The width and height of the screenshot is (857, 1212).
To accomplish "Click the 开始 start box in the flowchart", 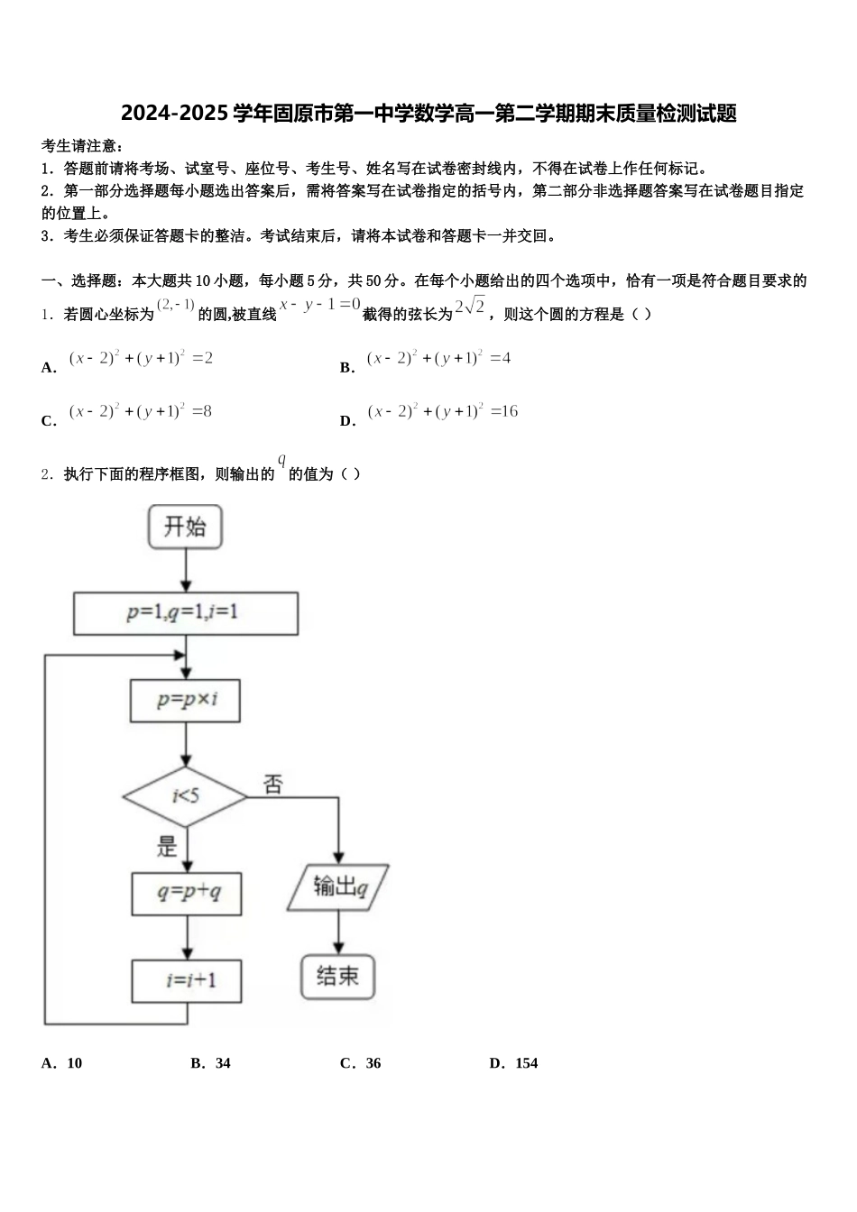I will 185,527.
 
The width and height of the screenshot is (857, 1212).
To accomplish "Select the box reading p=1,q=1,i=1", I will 185,613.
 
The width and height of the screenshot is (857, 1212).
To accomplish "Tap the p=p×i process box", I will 185,700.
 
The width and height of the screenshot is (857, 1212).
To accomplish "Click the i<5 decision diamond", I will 185,796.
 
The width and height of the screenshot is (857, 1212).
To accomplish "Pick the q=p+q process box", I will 187,893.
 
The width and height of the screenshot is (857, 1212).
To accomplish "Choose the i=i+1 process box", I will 187,980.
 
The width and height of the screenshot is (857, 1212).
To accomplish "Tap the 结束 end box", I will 337,976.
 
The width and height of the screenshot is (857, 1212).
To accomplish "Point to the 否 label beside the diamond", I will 272,785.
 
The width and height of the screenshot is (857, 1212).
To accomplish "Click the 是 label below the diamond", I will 168,846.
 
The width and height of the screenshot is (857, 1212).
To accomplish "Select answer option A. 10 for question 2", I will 62,1063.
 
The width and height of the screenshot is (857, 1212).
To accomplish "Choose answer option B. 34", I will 211,1063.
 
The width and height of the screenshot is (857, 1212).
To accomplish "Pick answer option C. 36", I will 361,1063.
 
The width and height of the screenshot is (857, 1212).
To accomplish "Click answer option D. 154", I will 513,1063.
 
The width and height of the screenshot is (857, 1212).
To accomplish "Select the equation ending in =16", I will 442,412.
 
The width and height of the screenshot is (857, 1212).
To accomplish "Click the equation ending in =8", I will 141,412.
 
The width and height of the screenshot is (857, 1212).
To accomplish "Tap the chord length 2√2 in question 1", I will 470,307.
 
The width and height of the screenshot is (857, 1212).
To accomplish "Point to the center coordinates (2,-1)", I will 176,305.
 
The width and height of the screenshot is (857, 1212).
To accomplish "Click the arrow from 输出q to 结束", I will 338,932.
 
